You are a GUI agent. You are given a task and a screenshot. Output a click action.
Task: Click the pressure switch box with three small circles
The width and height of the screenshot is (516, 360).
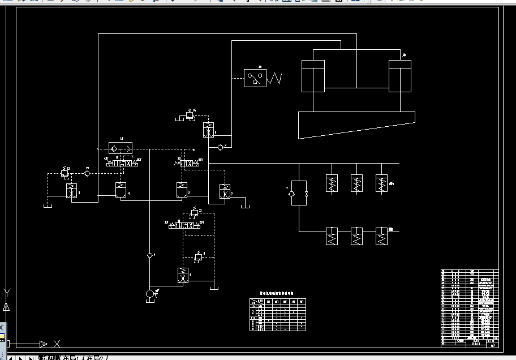pyautogui.click(x=255, y=78)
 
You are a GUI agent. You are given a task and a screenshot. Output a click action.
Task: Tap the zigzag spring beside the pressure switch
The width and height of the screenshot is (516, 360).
pyautogui.click(x=274, y=79)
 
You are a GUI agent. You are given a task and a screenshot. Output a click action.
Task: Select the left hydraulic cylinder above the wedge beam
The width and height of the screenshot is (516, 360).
pyautogui.click(x=313, y=76)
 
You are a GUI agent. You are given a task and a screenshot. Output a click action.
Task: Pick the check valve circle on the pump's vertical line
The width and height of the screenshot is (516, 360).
pyautogui.click(x=150, y=255)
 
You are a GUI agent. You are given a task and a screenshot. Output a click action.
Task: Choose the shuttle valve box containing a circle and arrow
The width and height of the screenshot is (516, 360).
pyautogui.click(x=120, y=148)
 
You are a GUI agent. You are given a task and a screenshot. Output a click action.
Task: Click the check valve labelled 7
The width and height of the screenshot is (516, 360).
pyautogui.click(x=220, y=147)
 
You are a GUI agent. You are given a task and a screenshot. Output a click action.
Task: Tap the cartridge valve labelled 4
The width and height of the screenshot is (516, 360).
pyautogui.click(x=120, y=190)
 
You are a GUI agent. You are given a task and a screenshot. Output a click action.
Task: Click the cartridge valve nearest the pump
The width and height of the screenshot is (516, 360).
pyautogui.click(x=183, y=275)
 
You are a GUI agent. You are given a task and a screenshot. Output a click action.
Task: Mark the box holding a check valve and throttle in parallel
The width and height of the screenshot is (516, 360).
pyautogui.click(x=299, y=193)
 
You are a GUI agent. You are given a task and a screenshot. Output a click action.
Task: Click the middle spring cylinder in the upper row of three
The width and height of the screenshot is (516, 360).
pyautogui.click(x=356, y=183)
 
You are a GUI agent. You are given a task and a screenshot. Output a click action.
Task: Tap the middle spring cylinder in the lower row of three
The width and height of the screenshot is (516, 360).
pyautogui.click(x=356, y=236)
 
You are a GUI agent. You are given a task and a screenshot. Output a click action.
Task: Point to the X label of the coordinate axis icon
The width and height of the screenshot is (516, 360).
pyautogui.click(x=57, y=343)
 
